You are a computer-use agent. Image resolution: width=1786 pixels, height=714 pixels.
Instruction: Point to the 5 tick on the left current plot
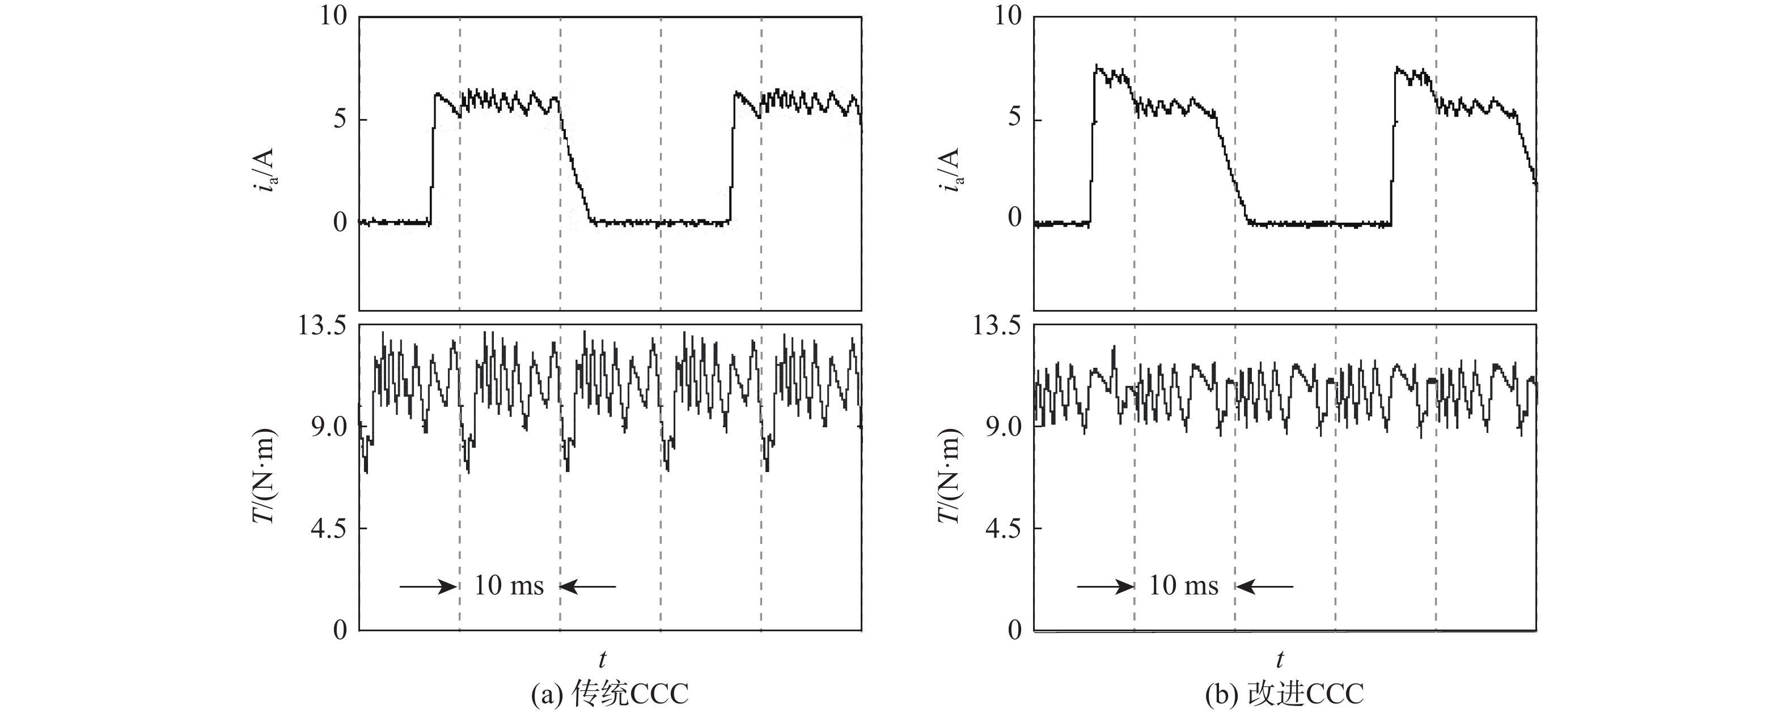point(340,119)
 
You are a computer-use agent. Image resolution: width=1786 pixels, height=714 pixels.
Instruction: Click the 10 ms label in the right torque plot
point(1183,586)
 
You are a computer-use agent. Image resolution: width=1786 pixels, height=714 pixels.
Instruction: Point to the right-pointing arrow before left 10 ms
point(427,586)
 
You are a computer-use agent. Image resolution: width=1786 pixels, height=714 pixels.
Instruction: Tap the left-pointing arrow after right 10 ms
point(1266,586)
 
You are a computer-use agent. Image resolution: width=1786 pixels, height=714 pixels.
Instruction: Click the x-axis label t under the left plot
point(603,658)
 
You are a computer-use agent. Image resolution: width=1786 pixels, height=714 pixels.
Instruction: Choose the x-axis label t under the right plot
point(1280,658)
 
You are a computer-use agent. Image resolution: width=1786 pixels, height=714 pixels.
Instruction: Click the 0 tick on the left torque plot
point(340,630)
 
